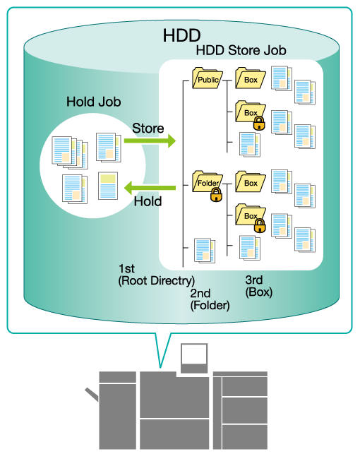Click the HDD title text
coord(181,35)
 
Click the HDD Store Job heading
coord(241,50)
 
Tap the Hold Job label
coord(93,102)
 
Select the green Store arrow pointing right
coord(150,141)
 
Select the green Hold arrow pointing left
coord(150,188)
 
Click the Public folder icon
coord(208,78)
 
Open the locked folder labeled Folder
coord(208,181)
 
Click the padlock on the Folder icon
coord(216,195)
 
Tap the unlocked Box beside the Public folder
coord(251,78)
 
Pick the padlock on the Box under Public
coord(259,124)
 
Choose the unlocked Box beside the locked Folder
coord(251,181)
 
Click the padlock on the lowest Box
coord(260,225)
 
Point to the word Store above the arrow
coord(148,129)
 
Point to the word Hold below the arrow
coord(148,201)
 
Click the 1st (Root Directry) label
coord(156,275)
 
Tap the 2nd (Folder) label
coord(210,299)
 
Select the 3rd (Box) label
coord(259,286)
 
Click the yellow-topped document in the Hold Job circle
coord(108,186)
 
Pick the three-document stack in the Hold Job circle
coord(70,153)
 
